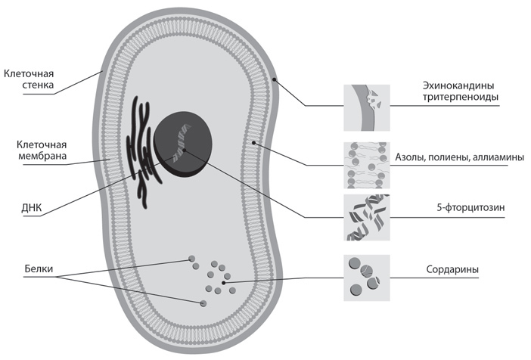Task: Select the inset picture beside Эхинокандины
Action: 366,107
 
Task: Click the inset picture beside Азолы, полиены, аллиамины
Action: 366,165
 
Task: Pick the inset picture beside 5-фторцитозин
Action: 366,218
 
